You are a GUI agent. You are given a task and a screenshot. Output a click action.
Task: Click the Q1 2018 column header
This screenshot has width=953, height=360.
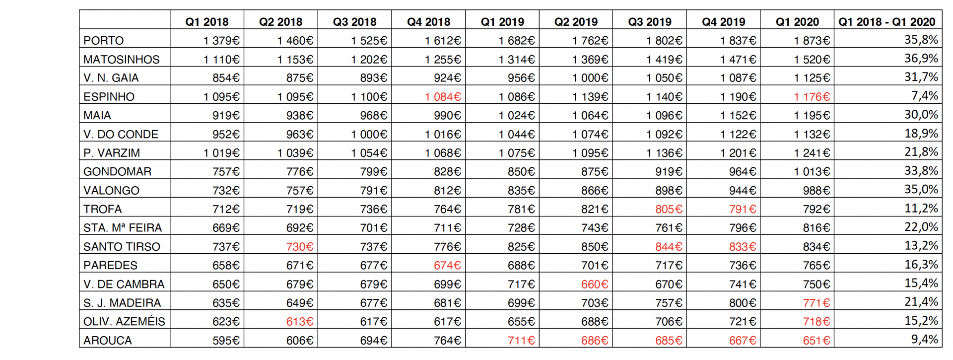[207, 22]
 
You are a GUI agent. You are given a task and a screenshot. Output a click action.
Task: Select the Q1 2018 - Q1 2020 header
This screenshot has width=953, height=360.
[886, 22]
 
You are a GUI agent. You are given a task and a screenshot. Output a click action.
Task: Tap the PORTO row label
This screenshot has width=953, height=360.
[104, 41]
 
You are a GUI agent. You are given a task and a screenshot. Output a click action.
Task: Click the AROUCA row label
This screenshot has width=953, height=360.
[108, 341]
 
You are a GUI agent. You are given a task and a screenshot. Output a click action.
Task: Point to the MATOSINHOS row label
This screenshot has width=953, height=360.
[122, 60]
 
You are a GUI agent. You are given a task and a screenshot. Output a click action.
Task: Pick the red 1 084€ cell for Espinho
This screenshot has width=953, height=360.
[443, 97]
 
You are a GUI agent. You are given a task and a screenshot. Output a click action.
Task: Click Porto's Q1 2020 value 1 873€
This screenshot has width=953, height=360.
[812, 41]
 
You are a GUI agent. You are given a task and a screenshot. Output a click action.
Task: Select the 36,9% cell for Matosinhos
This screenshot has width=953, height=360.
[921, 59]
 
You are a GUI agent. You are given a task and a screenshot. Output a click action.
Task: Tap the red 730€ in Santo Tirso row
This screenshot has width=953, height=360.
[300, 247]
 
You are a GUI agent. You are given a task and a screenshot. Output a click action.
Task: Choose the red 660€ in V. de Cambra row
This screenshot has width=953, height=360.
[595, 285]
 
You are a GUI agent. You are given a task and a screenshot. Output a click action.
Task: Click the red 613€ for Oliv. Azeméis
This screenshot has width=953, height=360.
[300, 322]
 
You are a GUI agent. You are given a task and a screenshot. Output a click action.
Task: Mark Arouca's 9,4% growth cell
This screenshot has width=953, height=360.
[925, 340]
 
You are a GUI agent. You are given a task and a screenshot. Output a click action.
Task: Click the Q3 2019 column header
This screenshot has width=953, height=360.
[650, 22]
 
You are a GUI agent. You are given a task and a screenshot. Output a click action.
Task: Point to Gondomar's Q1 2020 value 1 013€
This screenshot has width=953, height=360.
[812, 172]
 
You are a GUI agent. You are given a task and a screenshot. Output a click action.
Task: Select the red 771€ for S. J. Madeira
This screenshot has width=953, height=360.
[817, 303]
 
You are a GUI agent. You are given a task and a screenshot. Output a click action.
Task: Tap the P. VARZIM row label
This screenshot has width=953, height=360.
[112, 153]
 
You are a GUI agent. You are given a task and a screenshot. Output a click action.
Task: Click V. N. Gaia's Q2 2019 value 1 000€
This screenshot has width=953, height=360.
[590, 78]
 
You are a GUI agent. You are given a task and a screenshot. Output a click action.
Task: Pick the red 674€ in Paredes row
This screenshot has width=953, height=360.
[448, 266]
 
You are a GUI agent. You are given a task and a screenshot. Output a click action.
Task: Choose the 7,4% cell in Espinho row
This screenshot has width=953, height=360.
[925, 96]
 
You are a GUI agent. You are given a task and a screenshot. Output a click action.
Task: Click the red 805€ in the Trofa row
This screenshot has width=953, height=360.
[669, 210]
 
